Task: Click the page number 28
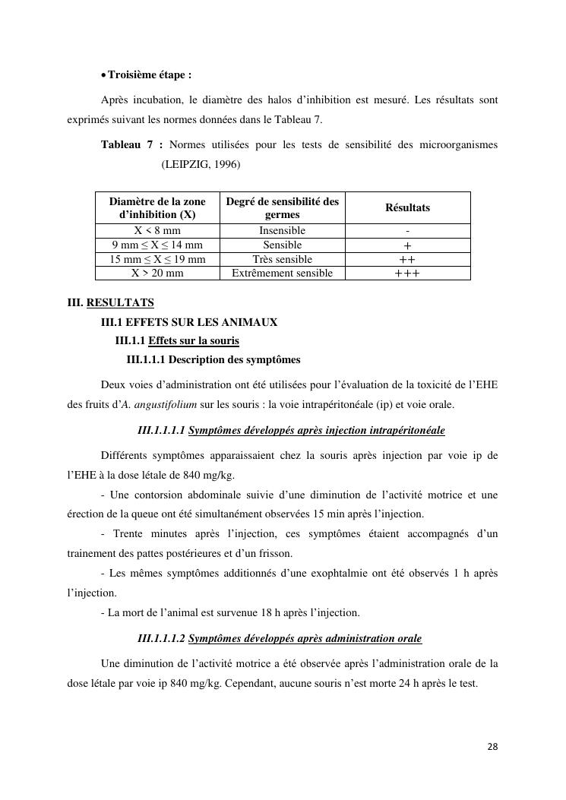coord(492,747)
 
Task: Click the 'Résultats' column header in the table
coord(407,207)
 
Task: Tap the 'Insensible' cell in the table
coord(282,230)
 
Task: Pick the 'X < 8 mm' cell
coord(157,230)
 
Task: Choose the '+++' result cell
coord(407,274)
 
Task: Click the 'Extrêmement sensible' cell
coord(282,274)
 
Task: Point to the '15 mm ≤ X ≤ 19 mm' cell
coord(157,259)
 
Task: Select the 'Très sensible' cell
coord(282,259)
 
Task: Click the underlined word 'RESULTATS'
coord(120,303)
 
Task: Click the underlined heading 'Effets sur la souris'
coord(194,341)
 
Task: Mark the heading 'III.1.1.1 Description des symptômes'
coord(213,359)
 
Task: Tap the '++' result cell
coord(407,259)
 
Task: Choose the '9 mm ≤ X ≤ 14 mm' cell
coord(157,245)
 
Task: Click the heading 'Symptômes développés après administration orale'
coord(305,638)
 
